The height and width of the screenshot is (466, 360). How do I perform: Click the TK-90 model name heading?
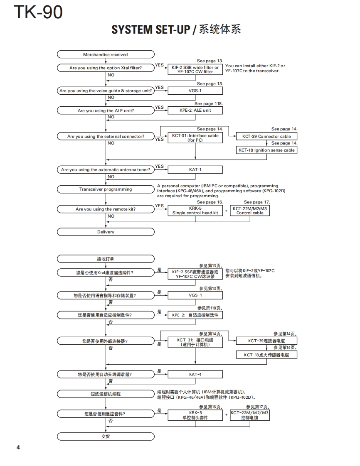[38, 12]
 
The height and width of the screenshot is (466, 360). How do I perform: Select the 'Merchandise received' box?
[106, 54]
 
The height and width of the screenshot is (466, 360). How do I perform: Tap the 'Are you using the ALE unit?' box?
[106, 111]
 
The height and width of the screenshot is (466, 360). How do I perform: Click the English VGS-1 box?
[195, 91]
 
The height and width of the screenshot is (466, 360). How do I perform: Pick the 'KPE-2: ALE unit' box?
[195, 110]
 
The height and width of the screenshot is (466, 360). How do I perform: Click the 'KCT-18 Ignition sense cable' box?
[266, 150]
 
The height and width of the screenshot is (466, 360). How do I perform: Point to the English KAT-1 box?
[195, 169]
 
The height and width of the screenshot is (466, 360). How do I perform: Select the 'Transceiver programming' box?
[106, 189]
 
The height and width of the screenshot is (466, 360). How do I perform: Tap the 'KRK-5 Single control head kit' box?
[195, 211]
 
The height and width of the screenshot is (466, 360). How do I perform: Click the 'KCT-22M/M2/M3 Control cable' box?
[250, 211]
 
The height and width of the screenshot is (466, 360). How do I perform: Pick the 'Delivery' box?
[106, 232]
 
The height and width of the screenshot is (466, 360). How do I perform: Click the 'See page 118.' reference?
[209, 104]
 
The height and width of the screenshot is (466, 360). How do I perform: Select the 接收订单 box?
[106, 259]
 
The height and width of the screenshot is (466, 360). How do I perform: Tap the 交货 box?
[106, 437]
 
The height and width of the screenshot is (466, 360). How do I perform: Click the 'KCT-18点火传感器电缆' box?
[266, 355]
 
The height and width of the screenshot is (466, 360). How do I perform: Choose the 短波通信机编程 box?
[106, 394]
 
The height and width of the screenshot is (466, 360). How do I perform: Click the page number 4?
[18, 447]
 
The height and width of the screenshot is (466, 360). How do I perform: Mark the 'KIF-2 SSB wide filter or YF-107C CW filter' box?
[195, 69]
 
